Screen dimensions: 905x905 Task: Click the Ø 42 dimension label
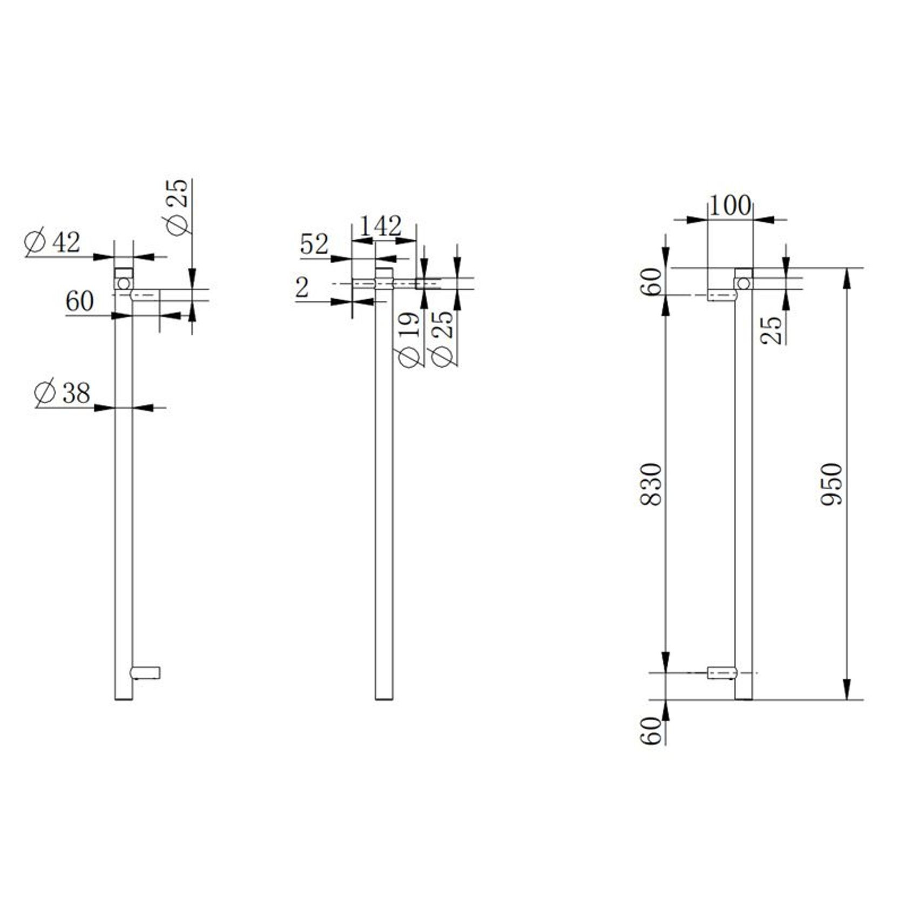[53, 242]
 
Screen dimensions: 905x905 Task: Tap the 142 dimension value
[381, 226]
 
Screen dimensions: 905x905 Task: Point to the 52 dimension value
[314, 245]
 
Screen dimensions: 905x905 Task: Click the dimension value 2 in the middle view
[302, 288]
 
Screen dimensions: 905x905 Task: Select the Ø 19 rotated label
[410, 340]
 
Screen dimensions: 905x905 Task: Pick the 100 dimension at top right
[730, 206]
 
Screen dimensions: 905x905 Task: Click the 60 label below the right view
[652, 731]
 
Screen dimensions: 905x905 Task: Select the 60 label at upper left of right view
[652, 281]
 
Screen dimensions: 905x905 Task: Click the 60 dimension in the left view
[79, 301]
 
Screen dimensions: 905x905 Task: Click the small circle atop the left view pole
[124, 283]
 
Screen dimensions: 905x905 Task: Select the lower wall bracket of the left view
[145, 672]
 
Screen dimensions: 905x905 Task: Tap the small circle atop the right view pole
[744, 283]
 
